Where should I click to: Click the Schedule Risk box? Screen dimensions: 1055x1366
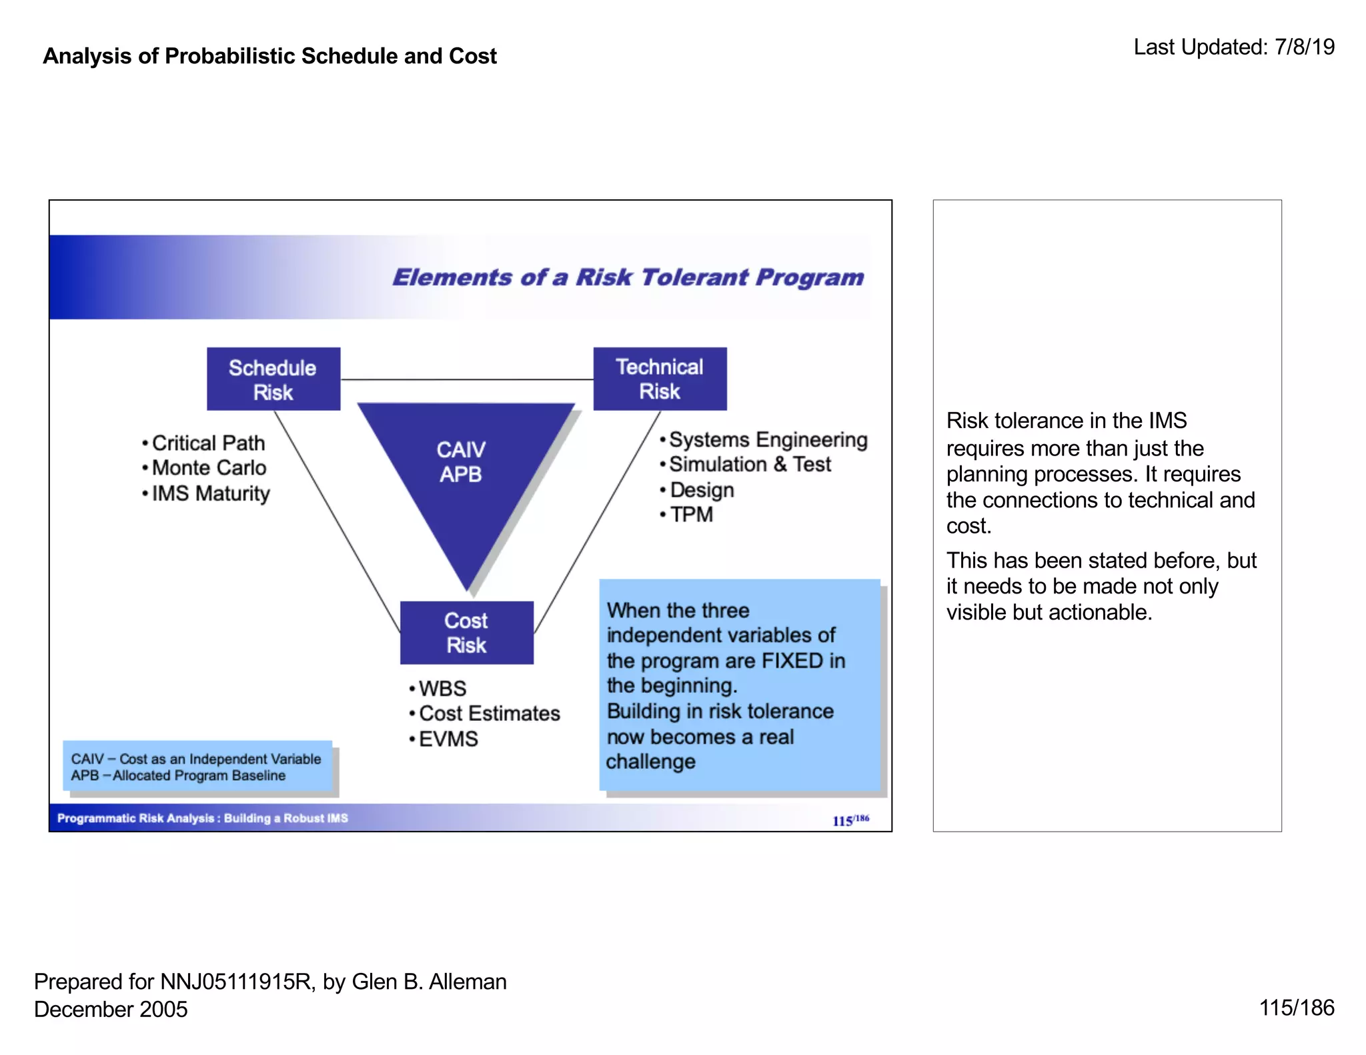click(273, 379)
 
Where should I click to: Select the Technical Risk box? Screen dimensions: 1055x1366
click(660, 378)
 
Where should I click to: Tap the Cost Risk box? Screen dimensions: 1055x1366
click(466, 632)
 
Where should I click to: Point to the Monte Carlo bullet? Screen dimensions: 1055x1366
click(208, 468)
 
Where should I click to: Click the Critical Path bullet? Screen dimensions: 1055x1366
click(207, 443)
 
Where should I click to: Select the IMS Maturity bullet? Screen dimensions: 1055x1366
click(210, 493)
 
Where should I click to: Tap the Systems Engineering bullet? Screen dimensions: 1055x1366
click(767, 440)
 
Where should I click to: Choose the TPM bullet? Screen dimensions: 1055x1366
click(691, 515)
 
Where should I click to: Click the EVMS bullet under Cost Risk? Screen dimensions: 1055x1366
click(448, 739)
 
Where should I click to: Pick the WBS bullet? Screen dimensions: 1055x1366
click(442, 688)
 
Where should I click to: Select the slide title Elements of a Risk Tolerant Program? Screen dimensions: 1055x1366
click(628, 277)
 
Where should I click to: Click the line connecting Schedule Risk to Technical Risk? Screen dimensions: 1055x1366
click(467, 379)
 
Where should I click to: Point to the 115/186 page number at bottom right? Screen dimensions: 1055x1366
click(1296, 1008)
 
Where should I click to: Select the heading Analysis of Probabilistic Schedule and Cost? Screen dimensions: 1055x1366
click(269, 56)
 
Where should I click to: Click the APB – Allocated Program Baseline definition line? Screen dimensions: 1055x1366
click(178, 776)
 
